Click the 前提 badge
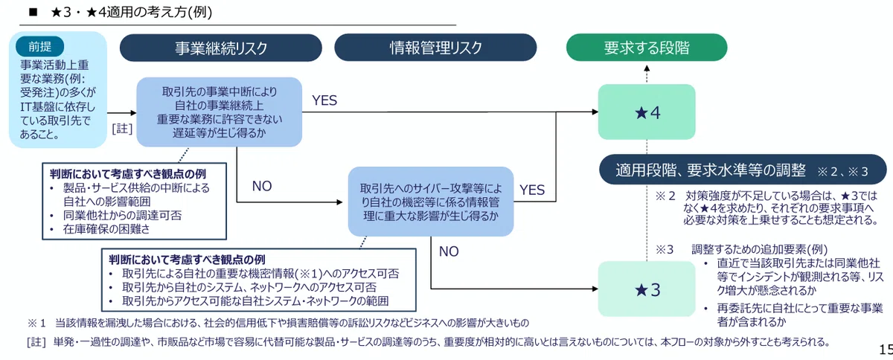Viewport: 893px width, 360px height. (40, 47)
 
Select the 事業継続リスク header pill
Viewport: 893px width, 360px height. (221, 48)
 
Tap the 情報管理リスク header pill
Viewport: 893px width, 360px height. (436, 48)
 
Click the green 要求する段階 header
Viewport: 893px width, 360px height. (647, 48)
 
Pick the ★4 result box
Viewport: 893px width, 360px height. (647, 112)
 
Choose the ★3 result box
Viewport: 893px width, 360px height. (647, 289)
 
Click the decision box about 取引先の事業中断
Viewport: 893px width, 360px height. (220, 112)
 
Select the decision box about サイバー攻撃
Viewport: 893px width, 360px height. (431, 202)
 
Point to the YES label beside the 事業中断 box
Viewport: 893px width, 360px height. (324, 100)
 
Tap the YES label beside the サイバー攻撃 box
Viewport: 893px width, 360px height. (532, 190)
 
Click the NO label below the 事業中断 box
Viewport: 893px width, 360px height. (262, 186)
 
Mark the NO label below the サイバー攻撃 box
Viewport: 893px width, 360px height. (449, 251)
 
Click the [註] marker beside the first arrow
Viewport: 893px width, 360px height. (122, 129)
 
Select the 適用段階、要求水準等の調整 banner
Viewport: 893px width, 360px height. (743, 170)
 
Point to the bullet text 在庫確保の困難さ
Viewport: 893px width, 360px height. (106, 229)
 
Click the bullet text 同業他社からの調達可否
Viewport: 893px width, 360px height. (122, 216)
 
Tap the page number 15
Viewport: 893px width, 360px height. (886, 350)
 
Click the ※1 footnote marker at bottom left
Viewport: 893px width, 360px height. (36, 323)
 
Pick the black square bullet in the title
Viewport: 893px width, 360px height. (33, 13)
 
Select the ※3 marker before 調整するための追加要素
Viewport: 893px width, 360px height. (665, 250)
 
